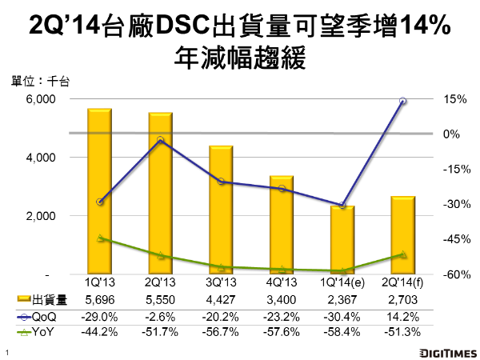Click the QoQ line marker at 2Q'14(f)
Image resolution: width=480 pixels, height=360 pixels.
tap(402, 102)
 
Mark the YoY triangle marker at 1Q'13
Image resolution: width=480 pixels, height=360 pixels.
tap(98, 238)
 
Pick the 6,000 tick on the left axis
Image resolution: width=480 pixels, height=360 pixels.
tap(40, 99)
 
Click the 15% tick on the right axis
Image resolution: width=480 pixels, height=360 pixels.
tap(442, 99)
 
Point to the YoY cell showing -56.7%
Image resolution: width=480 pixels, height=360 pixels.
tap(222, 331)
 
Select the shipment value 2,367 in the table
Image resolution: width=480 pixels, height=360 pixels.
tap(343, 300)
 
